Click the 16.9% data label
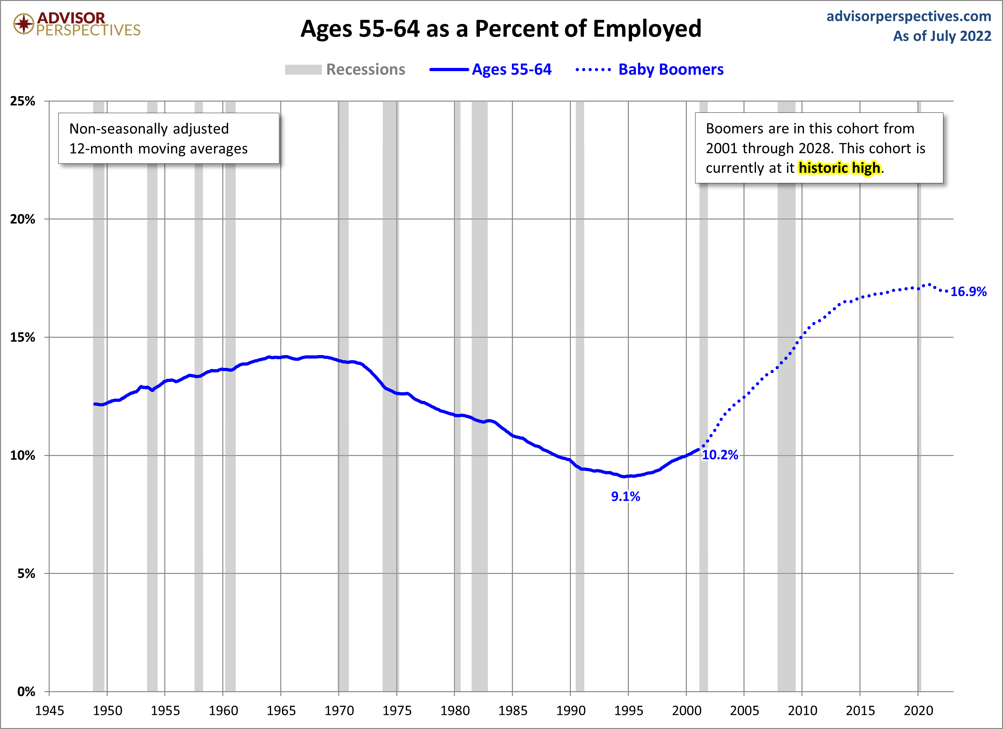tap(968, 292)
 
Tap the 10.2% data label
tap(720, 455)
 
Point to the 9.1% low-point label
tap(625, 496)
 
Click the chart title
tap(501, 29)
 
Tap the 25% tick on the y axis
tap(22, 101)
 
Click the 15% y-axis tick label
tap(22, 337)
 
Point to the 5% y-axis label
tap(26, 573)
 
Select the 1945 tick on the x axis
tap(50, 710)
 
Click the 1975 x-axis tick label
tap(397, 710)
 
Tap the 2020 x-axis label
tap(918, 710)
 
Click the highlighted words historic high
tap(839, 168)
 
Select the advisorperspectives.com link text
tap(908, 16)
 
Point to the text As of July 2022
tap(942, 36)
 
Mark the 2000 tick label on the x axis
tap(686, 710)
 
